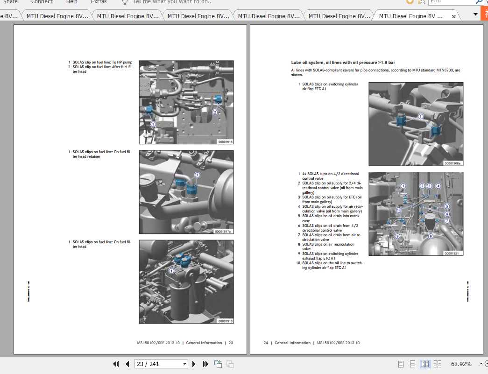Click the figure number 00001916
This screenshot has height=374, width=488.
(225, 141)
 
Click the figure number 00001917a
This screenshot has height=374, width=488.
(223, 231)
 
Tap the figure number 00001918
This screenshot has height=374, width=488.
(225, 321)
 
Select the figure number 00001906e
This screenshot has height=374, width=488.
(453, 163)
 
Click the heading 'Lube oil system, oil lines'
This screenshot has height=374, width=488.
(343, 62)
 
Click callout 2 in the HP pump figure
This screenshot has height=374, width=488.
(215, 112)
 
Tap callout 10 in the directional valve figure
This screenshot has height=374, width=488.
(398, 210)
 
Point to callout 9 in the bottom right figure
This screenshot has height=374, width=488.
(397, 236)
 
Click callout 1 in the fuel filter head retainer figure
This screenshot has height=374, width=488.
(197, 175)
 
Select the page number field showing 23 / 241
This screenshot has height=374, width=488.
(160, 364)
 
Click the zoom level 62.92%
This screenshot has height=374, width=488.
(461, 364)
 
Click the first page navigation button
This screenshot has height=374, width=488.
(116, 364)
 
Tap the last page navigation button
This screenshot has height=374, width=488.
(205, 364)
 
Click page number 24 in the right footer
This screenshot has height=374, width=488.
(266, 343)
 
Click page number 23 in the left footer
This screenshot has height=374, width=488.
(231, 343)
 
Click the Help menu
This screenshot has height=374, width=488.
(72, 2)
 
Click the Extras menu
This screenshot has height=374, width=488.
(99, 2)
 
